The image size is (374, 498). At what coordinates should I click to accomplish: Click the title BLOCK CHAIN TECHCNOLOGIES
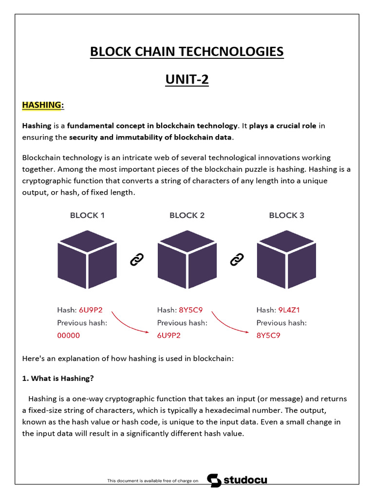click(x=187, y=51)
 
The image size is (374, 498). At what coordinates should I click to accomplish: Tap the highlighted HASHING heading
click(x=42, y=105)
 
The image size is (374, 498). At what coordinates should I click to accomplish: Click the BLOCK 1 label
click(x=87, y=215)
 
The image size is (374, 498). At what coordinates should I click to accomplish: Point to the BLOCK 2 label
click(x=187, y=215)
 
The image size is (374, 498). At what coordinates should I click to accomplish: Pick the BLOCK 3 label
click(x=286, y=215)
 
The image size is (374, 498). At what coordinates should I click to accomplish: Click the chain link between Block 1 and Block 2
click(x=137, y=260)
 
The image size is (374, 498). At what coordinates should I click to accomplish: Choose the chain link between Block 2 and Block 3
click(x=237, y=260)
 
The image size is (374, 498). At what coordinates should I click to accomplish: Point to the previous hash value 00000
click(x=68, y=335)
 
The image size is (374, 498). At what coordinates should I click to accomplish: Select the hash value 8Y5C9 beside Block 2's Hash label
click(x=191, y=310)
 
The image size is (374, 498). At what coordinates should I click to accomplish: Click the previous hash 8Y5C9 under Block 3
click(x=268, y=335)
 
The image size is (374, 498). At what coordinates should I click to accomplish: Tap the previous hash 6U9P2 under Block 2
click(x=168, y=335)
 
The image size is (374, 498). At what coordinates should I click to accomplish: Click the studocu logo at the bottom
click(x=237, y=480)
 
